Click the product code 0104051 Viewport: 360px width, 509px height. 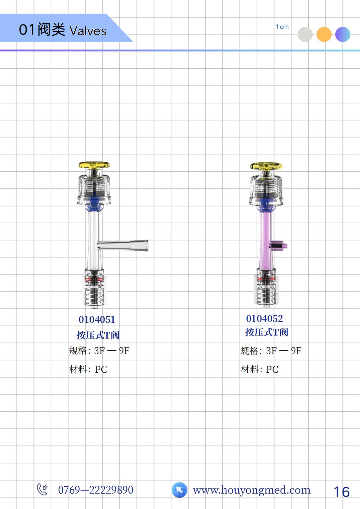pyautogui.click(x=97, y=320)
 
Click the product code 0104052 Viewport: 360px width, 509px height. pyautogui.click(x=264, y=319)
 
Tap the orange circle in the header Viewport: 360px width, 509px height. pyautogui.click(x=324, y=34)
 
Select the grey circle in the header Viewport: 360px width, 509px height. pyautogui.click(x=305, y=34)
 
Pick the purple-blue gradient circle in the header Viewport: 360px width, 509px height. pyautogui.click(x=343, y=34)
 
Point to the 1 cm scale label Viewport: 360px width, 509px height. pyautogui.click(x=282, y=27)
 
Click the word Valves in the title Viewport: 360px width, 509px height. pyautogui.click(x=88, y=31)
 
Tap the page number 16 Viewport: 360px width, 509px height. pyautogui.click(x=342, y=492)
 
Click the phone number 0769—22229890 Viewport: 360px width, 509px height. pyautogui.click(x=96, y=490)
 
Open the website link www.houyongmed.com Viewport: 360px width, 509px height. pyautogui.click(x=251, y=490)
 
